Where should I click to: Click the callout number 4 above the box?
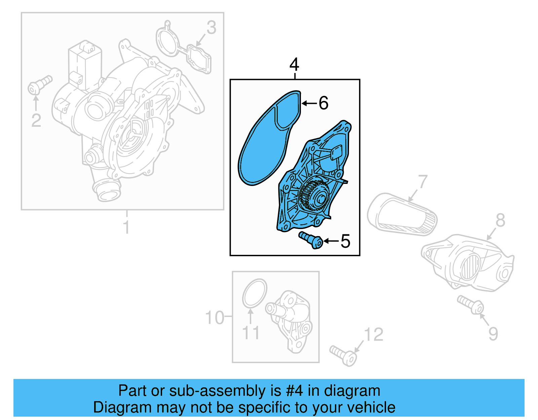[294, 64]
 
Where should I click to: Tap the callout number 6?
[323, 103]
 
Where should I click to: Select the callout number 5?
[345, 241]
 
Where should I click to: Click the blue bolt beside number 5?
[311, 240]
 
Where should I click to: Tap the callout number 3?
[211, 28]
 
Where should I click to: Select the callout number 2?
[36, 120]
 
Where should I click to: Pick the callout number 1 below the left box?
[126, 227]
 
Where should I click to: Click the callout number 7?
[422, 182]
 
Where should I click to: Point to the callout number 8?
[500, 221]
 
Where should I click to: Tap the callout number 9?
[493, 334]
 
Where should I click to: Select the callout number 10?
[215, 318]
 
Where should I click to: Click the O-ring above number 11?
[255, 293]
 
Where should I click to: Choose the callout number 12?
[374, 335]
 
